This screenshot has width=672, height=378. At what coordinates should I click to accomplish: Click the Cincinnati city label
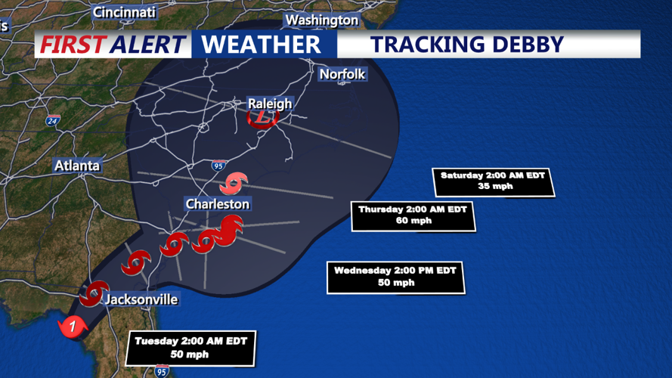(124, 12)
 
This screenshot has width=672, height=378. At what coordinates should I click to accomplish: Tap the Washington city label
(322, 20)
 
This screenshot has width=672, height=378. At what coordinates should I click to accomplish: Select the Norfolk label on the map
(342, 74)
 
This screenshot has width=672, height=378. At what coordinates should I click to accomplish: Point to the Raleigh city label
(270, 104)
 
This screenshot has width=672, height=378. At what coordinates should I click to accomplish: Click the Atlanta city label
(77, 166)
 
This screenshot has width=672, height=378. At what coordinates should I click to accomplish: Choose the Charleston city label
(218, 204)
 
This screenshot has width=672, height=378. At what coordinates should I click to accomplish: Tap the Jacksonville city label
(141, 299)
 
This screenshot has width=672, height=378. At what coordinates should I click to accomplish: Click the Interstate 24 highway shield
(52, 121)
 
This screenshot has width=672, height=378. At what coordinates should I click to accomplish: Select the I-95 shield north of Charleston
(218, 165)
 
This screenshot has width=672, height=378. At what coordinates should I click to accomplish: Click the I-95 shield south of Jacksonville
(162, 370)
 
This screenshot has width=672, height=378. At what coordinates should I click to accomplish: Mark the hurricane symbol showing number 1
(73, 327)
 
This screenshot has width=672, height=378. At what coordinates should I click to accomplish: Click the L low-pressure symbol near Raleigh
(264, 118)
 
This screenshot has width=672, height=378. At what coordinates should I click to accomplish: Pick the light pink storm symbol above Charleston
(234, 182)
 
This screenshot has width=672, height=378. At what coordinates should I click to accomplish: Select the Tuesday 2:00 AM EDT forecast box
(192, 348)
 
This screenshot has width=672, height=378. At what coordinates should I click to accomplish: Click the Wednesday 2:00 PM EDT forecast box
(395, 277)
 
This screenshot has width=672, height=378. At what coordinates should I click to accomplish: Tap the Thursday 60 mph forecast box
(413, 215)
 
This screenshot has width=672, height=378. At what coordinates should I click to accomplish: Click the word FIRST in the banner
(72, 45)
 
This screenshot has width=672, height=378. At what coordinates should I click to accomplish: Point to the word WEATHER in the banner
(261, 45)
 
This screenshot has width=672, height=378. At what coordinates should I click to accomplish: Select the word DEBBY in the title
(528, 45)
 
